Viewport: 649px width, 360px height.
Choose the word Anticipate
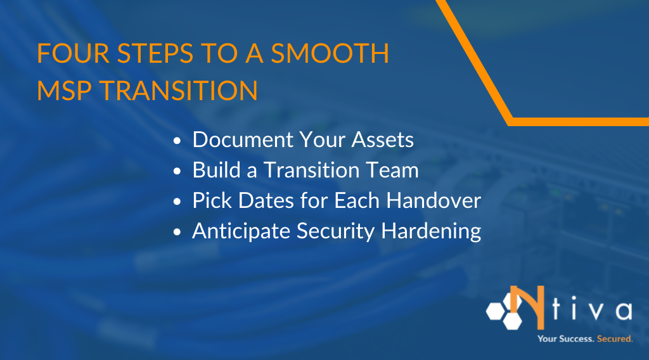pyautogui.click(x=243, y=231)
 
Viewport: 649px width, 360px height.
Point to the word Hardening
pyautogui.click(x=432, y=231)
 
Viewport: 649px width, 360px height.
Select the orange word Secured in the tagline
pyautogui.click(x=614, y=339)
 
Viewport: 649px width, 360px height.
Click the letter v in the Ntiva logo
pyautogui.click(x=591, y=311)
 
